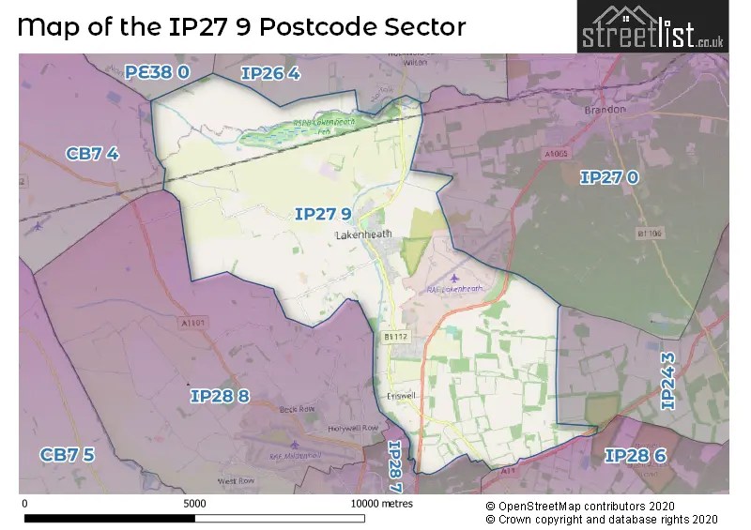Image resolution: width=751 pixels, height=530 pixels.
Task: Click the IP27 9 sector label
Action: click(x=323, y=214)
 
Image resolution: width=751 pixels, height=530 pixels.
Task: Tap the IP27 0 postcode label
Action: click(x=609, y=177)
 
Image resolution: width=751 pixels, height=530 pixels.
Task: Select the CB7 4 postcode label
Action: click(x=92, y=154)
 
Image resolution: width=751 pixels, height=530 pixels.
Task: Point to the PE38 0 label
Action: click(x=158, y=71)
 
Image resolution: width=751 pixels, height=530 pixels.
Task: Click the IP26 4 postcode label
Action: click(x=270, y=74)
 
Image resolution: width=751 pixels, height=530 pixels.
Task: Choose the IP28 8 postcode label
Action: click(x=220, y=397)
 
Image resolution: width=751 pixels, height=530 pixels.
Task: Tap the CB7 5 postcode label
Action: click(x=67, y=455)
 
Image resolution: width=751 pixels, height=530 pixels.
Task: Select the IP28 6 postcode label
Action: click(x=635, y=456)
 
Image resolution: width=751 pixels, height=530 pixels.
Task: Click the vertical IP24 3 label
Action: click(x=668, y=380)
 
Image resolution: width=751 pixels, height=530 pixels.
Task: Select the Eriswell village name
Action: click(x=401, y=396)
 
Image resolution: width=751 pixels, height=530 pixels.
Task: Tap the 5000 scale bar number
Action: click(x=194, y=503)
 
